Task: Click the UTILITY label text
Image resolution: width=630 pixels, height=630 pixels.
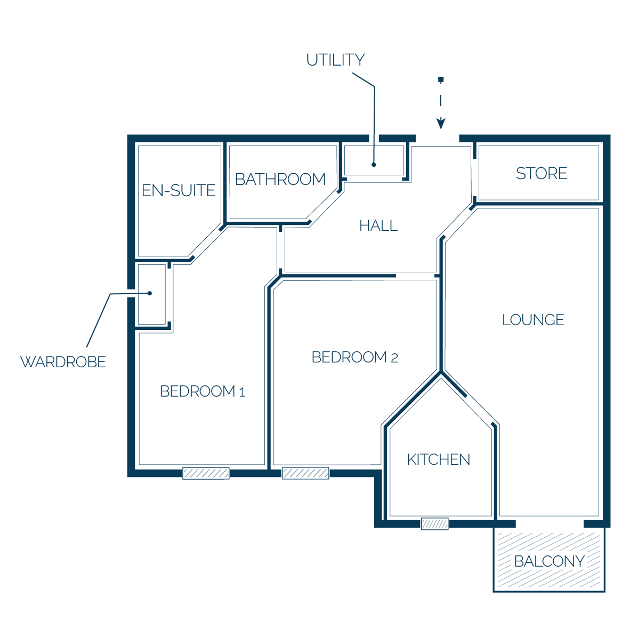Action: click(335, 60)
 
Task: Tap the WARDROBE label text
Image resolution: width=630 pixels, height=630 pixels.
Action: click(63, 362)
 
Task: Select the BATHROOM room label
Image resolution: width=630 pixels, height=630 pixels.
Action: click(280, 179)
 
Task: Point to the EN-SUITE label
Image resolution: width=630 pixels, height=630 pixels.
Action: click(179, 190)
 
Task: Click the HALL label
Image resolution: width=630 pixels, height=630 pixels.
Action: click(379, 226)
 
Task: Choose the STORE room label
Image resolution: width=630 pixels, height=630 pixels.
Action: click(542, 174)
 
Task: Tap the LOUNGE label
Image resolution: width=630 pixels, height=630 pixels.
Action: click(533, 320)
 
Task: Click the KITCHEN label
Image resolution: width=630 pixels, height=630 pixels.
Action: click(438, 459)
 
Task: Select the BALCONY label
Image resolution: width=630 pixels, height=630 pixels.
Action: click(549, 561)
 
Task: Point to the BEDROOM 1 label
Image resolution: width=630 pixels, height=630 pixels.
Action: click(203, 391)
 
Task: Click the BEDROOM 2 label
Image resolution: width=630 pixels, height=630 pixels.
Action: click(355, 357)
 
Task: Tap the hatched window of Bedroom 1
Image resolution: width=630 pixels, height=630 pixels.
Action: click(206, 473)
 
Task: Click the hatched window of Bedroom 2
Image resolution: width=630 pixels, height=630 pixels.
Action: click(305, 473)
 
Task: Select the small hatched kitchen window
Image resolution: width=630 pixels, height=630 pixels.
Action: click(435, 524)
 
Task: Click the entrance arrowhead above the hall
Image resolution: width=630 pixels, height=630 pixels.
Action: click(441, 123)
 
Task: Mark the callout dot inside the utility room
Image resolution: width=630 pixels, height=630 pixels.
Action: click(374, 165)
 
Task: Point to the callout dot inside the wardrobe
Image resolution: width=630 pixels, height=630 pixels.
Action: click(149, 293)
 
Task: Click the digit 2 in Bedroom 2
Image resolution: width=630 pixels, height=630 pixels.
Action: click(394, 358)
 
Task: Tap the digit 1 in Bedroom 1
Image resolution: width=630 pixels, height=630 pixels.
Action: click(243, 392)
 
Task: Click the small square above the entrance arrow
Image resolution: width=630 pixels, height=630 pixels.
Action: click(441, 79)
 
